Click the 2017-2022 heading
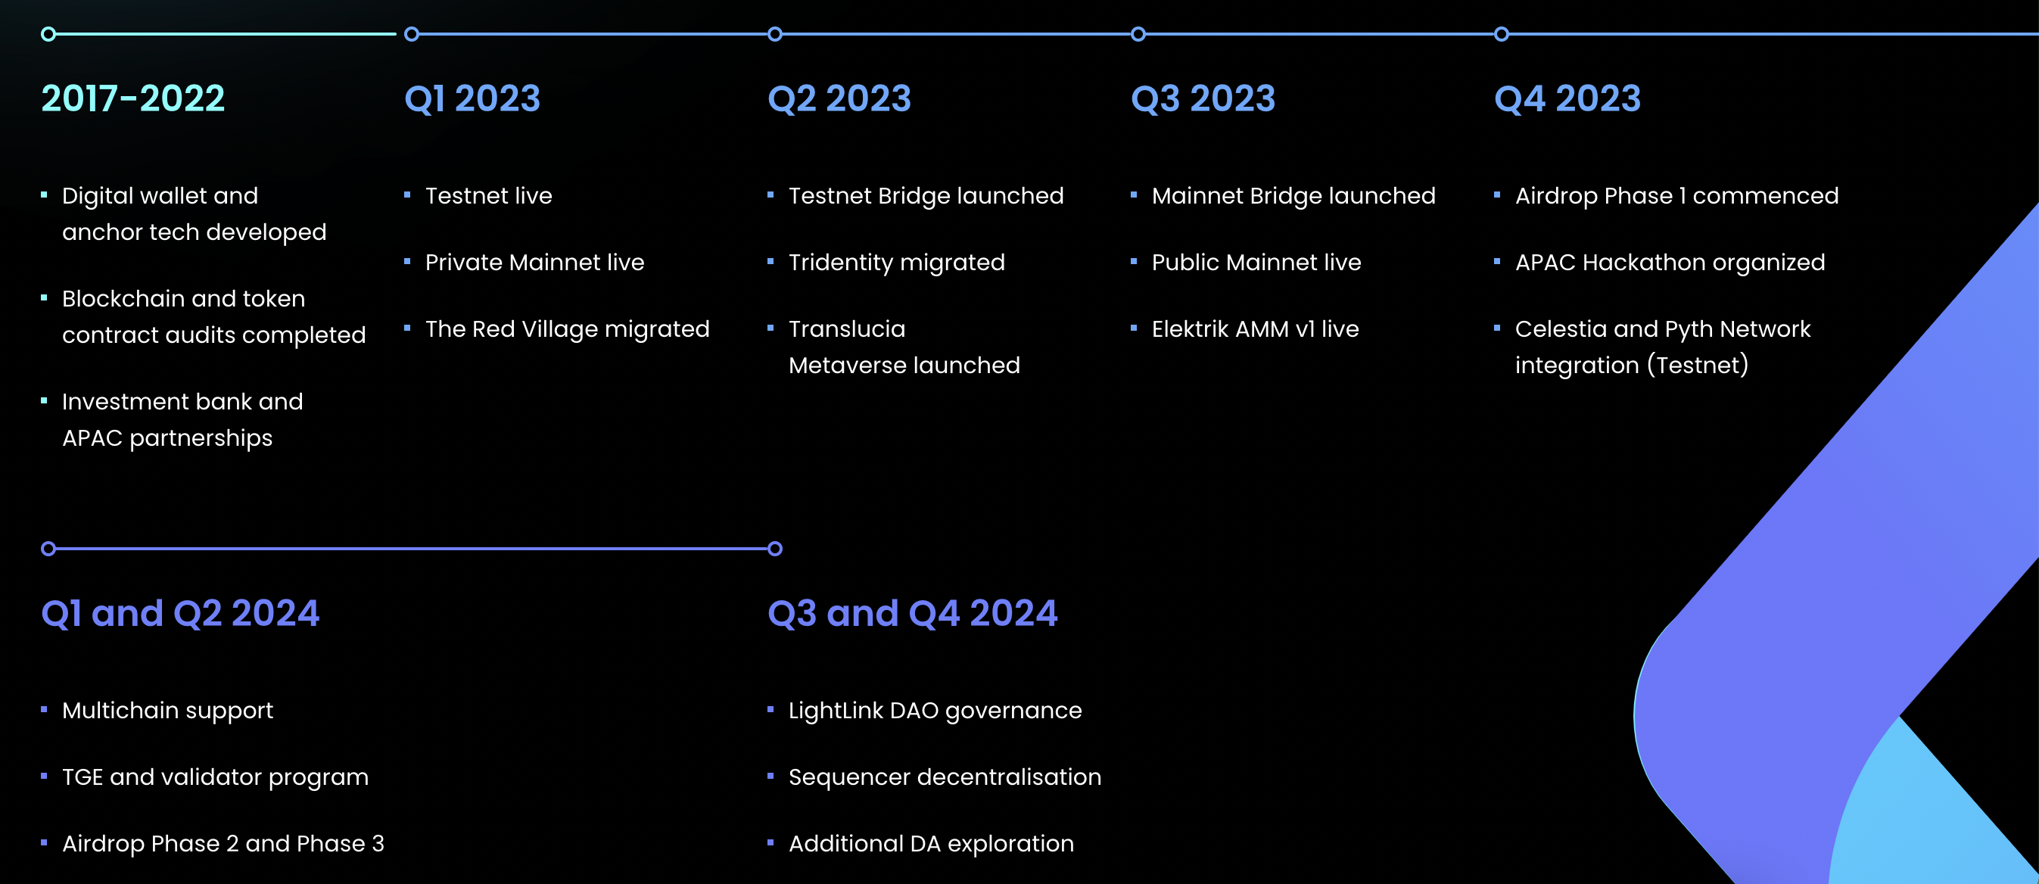tap(133, 99)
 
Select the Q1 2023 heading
tap(472, 99)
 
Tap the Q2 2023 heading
tap(839, 99)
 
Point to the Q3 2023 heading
tap(1203, 99)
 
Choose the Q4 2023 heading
tap(1567, 99)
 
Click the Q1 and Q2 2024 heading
tap(179, 613)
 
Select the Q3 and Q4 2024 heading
tap(912, 613)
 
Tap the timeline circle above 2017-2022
tap(48, 34)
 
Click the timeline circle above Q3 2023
tap(1138, 34)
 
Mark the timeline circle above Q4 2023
tap(1502, 34)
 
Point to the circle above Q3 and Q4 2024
tap(775, 549)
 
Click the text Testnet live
tap(488, 195)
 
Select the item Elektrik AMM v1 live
tap(1255, 328)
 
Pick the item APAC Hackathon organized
tap(1670, 262)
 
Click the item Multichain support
tap(167, 710)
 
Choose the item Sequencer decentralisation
tap(945, 777)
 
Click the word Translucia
tap(846, 328)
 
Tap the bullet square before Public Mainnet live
tap(1134, 261)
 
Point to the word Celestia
tap(1560, 328)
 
